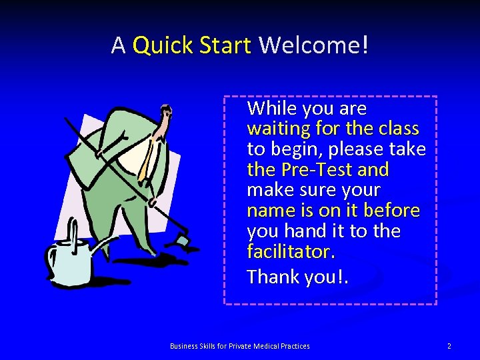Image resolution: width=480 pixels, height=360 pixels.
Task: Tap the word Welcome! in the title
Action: click(x=313, y=46)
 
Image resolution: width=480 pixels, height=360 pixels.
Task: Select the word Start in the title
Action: click(x=225, y=46)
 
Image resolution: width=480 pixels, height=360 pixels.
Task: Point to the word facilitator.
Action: click(x=291, y=252)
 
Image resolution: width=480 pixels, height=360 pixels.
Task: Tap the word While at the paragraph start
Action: click(x=271, y=108)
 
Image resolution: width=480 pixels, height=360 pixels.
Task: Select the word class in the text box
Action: click(x=395, y=128)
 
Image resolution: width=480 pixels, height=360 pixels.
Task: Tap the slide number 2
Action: click(x=449, y=346)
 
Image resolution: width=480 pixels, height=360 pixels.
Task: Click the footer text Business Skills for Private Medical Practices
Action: click(x=240, y=346)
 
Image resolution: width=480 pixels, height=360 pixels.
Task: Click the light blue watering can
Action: click(x=70, y=261)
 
